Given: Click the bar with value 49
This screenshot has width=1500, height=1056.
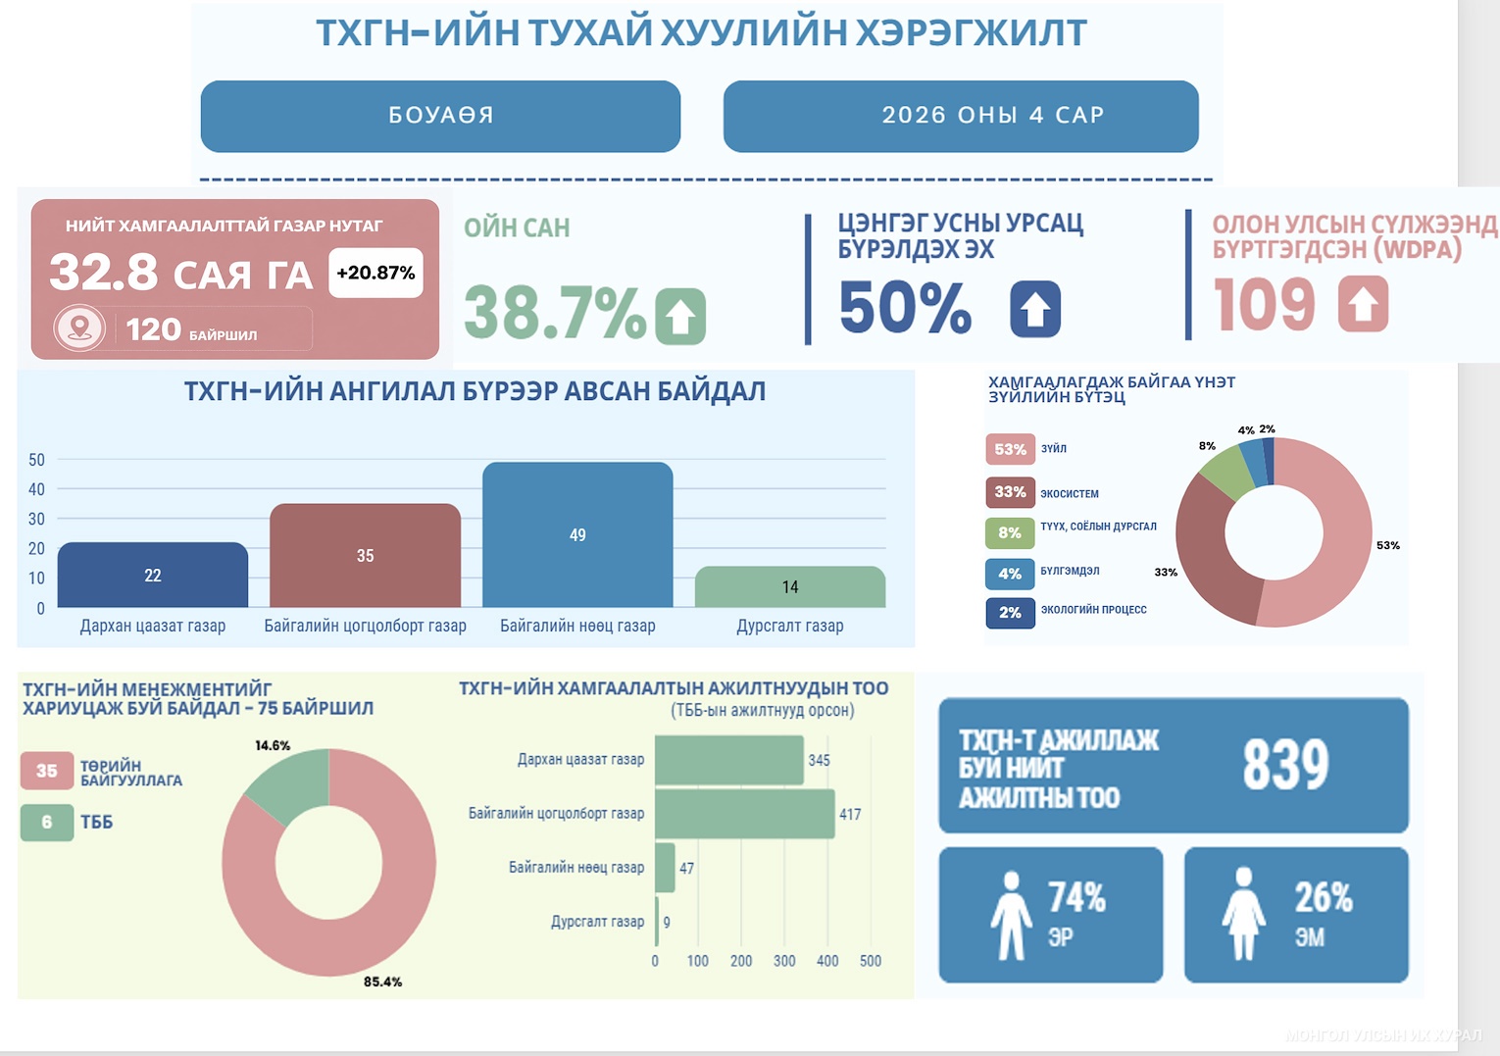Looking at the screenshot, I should (x=577, y=534).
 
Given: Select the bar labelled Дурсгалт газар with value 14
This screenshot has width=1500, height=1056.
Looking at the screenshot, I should (x=790, y=587).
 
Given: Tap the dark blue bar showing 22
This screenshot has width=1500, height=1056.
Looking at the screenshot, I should (x=153, y=576).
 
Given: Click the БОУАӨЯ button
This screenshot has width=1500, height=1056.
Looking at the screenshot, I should (x=440, y=116).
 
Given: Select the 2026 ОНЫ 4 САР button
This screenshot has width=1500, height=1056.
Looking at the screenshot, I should (x=961, y=116).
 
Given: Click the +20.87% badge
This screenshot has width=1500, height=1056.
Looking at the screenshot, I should (x=375, y=273).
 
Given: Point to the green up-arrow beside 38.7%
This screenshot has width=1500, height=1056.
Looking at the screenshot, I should (x=681, y=316).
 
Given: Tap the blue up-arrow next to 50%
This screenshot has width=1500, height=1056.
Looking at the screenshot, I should (x=1035, y=309).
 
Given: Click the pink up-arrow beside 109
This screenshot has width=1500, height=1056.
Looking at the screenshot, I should (x=1363, y=304).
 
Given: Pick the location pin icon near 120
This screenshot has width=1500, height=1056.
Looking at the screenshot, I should (x=79, y=327).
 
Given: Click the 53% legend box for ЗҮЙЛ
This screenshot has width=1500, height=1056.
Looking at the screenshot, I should (x=1010, y=449).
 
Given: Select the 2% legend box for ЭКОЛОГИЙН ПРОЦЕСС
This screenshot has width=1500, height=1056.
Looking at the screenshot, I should (x=1010, y=613).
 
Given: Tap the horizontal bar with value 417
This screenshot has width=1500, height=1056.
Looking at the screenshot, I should (x=744, y=814).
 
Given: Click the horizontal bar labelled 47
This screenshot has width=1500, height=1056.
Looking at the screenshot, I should (x=665, y=868).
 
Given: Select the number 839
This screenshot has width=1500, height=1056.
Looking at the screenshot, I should (x=1285, y=765).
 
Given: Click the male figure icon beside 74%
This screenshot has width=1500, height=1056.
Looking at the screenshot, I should (x=1011, y=915).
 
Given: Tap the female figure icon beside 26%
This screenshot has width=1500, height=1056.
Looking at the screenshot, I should (x=1243, y=915).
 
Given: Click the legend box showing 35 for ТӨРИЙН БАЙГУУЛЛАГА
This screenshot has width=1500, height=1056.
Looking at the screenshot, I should (x=47, y=771).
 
